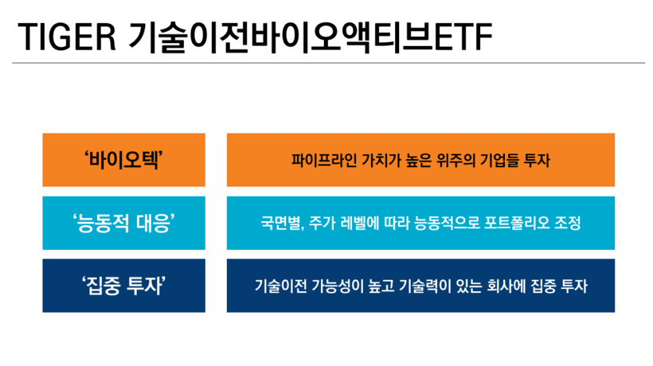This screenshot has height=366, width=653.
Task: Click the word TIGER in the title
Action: pyautogui.click(x=67, y=37)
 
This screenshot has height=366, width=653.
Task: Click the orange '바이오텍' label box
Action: pyautogui.click(x=123, y=160)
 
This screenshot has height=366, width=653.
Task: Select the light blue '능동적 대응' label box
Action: pyautogui.click(x=123, y=223)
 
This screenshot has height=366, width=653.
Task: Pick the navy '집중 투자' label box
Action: pyautogui.click(x=123, y=286)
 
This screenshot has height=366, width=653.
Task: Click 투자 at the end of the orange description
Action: pyautogui.click(x=538, y=160)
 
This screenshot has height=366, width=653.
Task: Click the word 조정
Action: pyautogui.click(x=568, y=224)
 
